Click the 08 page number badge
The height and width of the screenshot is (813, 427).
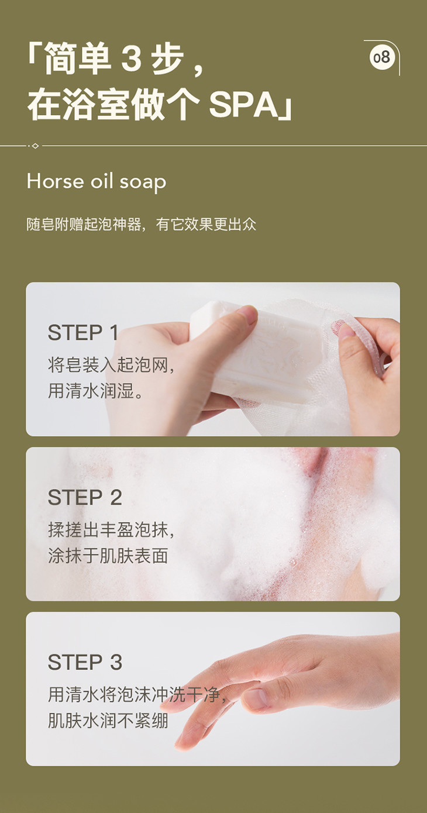pos(382,57)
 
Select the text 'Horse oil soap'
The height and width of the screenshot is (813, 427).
pos(96,181)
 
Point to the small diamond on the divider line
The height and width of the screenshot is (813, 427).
pos(35,146)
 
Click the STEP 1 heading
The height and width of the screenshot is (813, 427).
pos(83,332)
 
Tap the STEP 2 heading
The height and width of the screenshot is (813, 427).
pos(85,497)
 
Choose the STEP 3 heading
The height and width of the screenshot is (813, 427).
pos(85,662)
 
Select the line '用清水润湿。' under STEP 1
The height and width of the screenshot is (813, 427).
pos(96,391)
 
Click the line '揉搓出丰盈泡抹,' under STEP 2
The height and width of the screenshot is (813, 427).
pos(111,530)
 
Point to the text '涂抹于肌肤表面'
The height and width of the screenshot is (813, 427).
pos(108,556)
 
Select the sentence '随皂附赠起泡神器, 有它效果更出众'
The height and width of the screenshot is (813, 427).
pos(141,224)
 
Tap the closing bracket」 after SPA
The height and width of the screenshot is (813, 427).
pos(285,109)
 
